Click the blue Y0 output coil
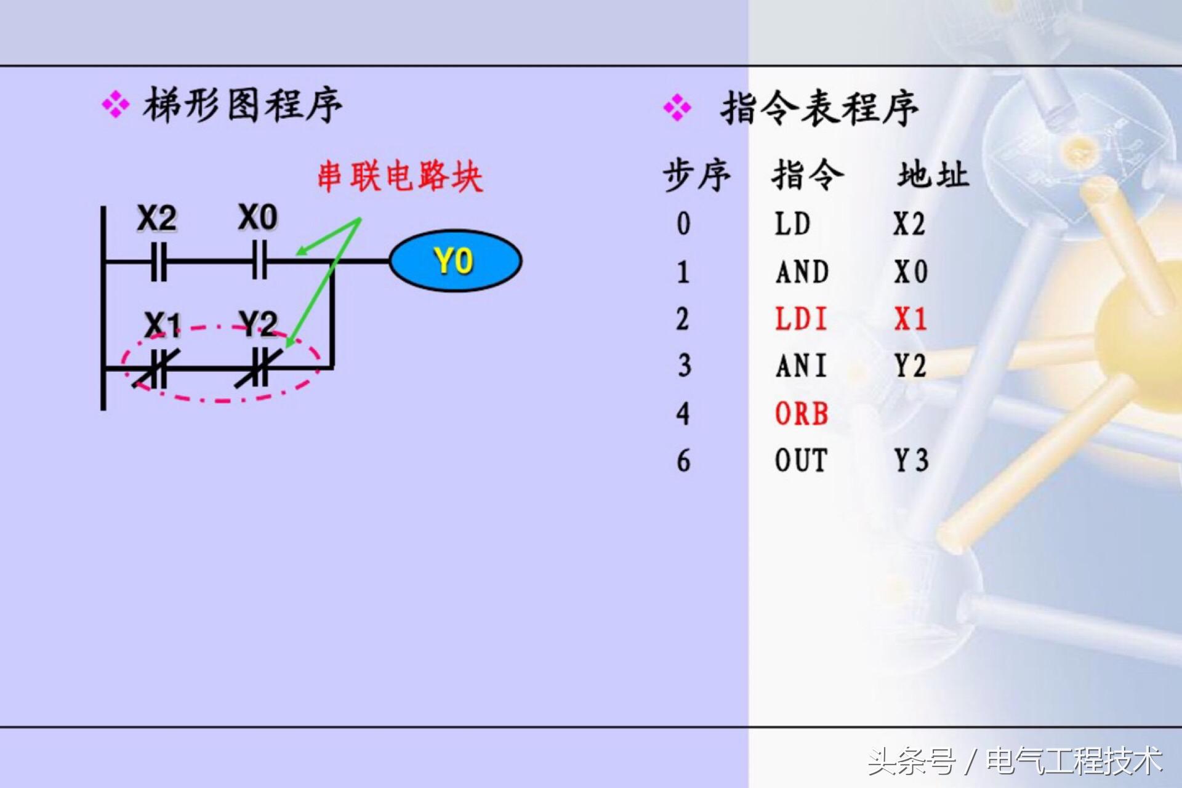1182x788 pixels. tap(456, 261)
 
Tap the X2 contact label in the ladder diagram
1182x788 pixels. tap(157, 219)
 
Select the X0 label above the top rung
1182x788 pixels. tap(258, 217)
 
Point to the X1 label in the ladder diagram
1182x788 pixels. tap(163, 324)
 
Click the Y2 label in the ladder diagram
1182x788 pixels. tap(259, 323)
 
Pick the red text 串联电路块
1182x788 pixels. tap(400, 177)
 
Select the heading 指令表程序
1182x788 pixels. tap(819, 108)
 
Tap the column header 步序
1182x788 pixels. tap(696, 175)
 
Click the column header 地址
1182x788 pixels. tap(933, 175)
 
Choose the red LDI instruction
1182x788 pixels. tap(800, 320)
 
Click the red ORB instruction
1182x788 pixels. tap(802, 414)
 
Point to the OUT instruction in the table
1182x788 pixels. tap(801, 460)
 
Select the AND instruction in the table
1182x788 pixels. tap(802, 272)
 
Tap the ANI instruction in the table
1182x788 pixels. tap(800, 366)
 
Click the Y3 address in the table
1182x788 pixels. tap(911, 460)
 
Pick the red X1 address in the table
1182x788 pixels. tap(911, 320)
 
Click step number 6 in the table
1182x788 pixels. tap(683, 461)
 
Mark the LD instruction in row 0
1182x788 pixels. tap(792, 224)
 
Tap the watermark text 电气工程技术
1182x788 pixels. tap(1074, 761)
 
